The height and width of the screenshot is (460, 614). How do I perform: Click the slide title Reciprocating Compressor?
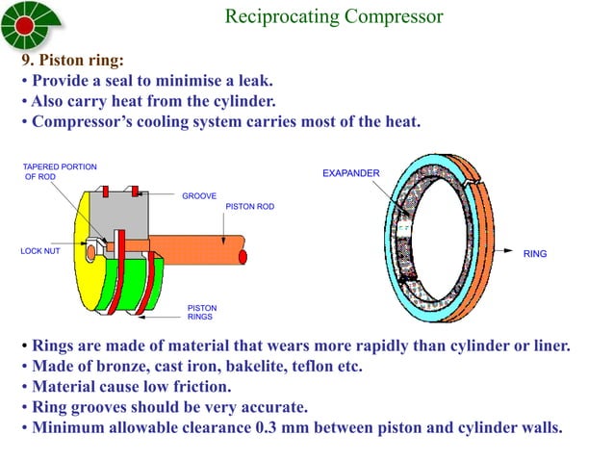pyautogui.click(x=333, y=17)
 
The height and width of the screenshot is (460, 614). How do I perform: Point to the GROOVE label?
pyautogui.click(x=199, y=195)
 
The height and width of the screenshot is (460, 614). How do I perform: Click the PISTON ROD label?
pyautogui.click(x=247, y=207)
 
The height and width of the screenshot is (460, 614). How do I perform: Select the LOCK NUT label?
pyautogui.click(x=40, y=251)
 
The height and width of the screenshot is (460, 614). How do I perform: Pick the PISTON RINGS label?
pyautogui.click(x=201, y=313)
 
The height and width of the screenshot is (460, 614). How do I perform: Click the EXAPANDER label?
pyautogui.click(x=350, y=173)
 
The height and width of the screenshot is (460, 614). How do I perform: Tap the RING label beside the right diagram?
pyautogui.click(x=534, y=254)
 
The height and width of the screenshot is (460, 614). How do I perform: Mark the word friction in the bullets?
pyautogui.click(x=197, y=387)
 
